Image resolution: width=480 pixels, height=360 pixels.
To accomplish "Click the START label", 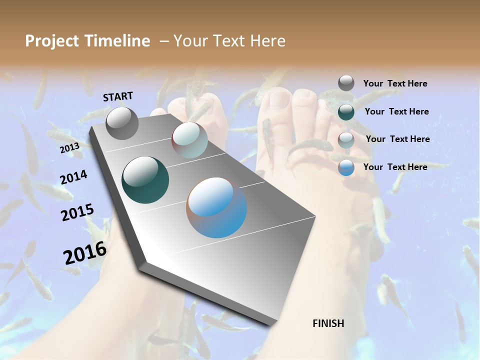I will (118, 96).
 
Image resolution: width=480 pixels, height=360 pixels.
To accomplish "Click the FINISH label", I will (328, 323).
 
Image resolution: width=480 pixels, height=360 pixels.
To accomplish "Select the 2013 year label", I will (69, 148).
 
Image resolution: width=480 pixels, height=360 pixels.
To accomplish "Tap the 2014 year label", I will (73, 177).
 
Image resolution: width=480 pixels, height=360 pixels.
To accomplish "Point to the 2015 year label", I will (77, 212).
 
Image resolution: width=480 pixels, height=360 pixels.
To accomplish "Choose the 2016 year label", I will (84, 252).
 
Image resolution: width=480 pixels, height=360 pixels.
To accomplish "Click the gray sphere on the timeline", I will (122, 123).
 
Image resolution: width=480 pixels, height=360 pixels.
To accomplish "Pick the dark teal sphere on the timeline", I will (145, 180).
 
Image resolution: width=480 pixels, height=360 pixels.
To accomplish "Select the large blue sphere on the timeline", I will (216, 207).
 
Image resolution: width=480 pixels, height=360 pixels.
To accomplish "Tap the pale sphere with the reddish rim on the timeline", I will (189, 140).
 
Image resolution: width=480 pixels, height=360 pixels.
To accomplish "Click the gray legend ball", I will (346, 83).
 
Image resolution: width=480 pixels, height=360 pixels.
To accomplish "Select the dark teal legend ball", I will (346, 111).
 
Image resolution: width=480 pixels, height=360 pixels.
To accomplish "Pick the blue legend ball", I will (346, 167).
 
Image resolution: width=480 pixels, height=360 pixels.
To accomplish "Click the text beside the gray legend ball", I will (395, 83).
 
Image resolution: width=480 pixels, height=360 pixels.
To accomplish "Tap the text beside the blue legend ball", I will (395, 167).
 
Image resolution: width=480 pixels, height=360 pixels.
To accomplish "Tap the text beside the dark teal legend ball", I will (396, 111).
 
